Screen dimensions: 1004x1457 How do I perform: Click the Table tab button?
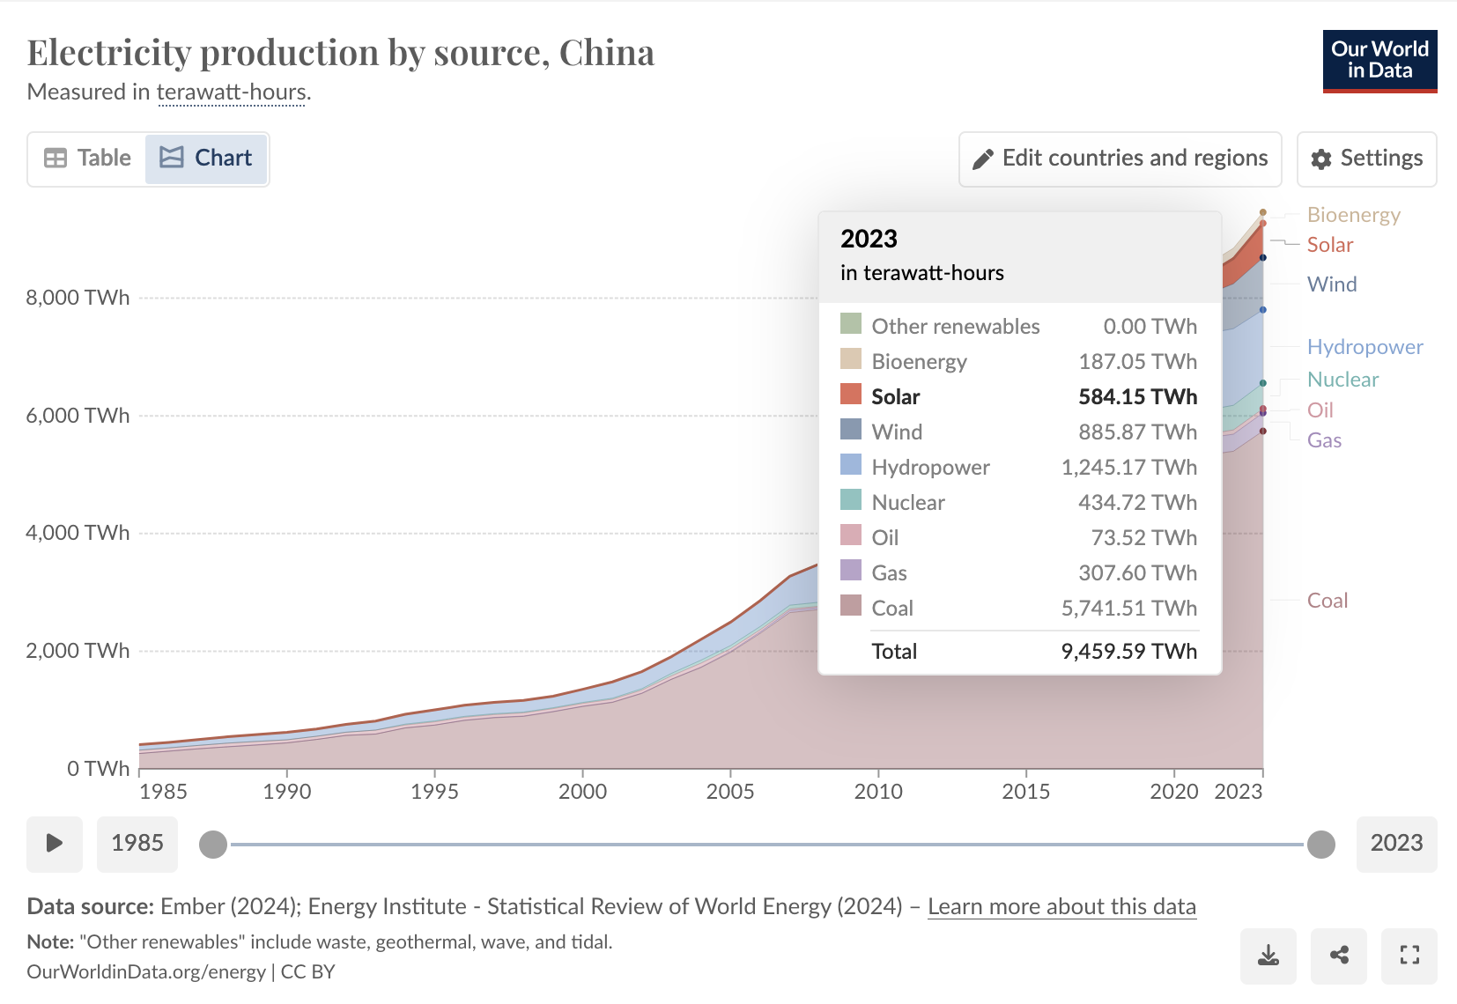[87, 159]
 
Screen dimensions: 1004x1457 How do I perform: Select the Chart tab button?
[206, 159]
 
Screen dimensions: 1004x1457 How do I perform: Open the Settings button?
[1366, 159]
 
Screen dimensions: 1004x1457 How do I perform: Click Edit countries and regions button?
[1120, 159]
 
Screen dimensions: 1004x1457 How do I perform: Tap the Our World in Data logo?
[1379, 61]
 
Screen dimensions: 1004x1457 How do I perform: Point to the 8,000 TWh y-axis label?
[78, 298]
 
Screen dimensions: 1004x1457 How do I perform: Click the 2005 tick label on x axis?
[729, 792]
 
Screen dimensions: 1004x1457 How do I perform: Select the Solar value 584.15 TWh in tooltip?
[1137, 397]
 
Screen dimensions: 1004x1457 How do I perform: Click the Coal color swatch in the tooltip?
[851, 606]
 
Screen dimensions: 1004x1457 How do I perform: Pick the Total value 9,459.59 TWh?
[1128, 652]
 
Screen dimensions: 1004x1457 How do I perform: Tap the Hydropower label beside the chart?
[1365, 347]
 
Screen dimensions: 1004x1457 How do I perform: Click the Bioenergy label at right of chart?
[1353, 215]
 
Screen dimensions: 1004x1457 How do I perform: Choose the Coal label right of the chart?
[1327, 601]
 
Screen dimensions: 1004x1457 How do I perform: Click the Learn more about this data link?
[1061, 907]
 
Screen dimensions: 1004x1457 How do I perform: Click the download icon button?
[1268, 956]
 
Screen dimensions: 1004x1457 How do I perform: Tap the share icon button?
[1339, 956]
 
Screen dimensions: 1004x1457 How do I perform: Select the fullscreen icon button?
[1409, 956]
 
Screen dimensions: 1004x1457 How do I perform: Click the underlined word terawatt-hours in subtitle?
[232, 92]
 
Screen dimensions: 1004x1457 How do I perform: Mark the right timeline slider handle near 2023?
[1320, 845]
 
